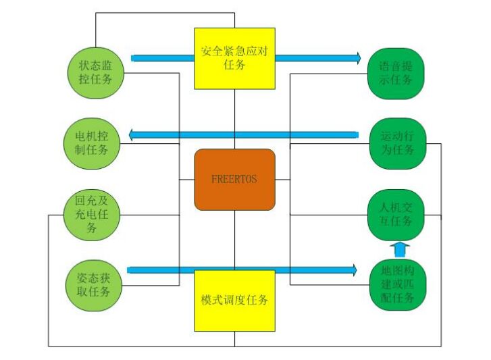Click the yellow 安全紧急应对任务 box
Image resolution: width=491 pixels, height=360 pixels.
coord(234,58)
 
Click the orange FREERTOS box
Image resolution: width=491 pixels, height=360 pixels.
coord(234,180)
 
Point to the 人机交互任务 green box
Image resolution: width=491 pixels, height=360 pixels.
coord(396,215)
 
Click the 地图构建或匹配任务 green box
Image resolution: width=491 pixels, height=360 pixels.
coord(397,286)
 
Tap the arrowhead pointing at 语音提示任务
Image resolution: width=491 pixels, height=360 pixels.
coord(357,58)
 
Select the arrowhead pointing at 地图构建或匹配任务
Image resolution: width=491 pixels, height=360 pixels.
coord(353,270)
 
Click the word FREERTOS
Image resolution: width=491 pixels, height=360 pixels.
coord(234,180)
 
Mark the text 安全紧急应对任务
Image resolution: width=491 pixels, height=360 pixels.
coord(234,58)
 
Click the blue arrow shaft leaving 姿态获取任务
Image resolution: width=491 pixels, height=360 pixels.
coord(162,270)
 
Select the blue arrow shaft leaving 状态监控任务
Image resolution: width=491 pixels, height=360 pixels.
coord(162,58)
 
